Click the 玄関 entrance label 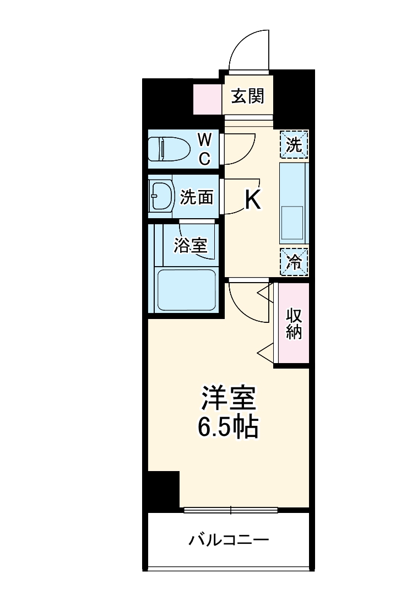(x=248, y=97)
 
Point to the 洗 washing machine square (x=294, y=145)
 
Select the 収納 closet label (x=294, y=324)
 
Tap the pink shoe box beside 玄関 (x=207, y=98)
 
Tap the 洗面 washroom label (x=197, y=197)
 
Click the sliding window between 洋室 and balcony (x=231, y=510)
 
